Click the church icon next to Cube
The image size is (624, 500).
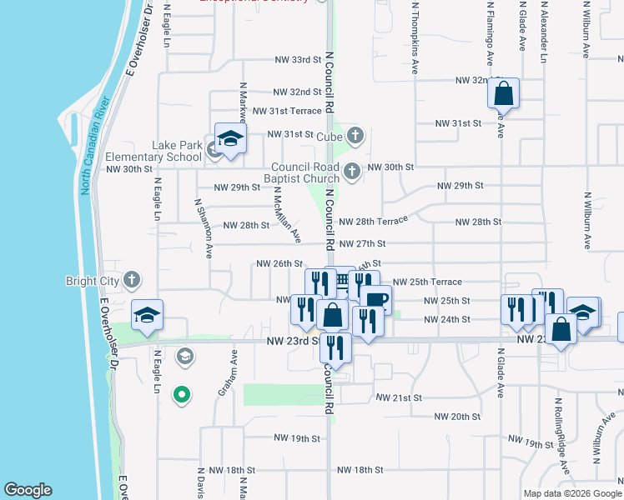coord(356,135)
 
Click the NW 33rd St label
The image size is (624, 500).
coord(298,60)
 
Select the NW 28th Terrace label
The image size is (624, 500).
coord(373,221)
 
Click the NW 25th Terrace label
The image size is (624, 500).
coord(426,282)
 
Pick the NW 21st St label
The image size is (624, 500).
coord(398,398)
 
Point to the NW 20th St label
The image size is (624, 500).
coord(458,416)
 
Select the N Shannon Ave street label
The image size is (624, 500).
coord(202,228)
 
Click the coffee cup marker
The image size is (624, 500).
coord(375,300)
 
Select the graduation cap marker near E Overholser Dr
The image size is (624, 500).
coord(147,316)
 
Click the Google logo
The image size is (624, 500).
coord(28,490)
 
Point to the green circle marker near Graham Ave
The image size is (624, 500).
coord(180,394)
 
